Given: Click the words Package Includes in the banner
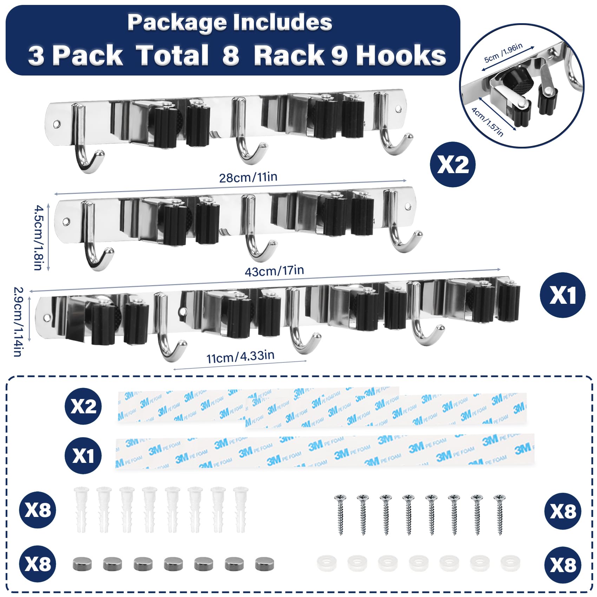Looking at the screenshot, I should [x=230, y=22].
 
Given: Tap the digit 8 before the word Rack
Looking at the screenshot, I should [x=231, y=55].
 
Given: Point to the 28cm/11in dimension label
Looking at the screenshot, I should [x=248, y=177].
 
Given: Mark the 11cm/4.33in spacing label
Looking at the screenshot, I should [x=240, y=357].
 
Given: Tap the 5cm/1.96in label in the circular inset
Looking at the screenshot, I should [x=503, y=53].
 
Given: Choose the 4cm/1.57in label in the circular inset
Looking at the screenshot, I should [x=487, y=122].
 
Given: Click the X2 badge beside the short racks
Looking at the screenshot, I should [x=453, y=164].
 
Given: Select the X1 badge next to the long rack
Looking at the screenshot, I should [x=562, y=295].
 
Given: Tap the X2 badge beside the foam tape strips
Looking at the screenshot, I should [x=83, y=406].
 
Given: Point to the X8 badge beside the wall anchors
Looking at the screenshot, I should [x=38, y=510].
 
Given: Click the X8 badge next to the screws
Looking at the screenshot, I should [x=563, y=511].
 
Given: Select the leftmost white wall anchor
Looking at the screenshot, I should [x=81, y=509].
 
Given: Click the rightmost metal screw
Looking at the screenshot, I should [x=500, y=514].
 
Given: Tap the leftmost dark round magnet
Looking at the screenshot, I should [x=82, y=564].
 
